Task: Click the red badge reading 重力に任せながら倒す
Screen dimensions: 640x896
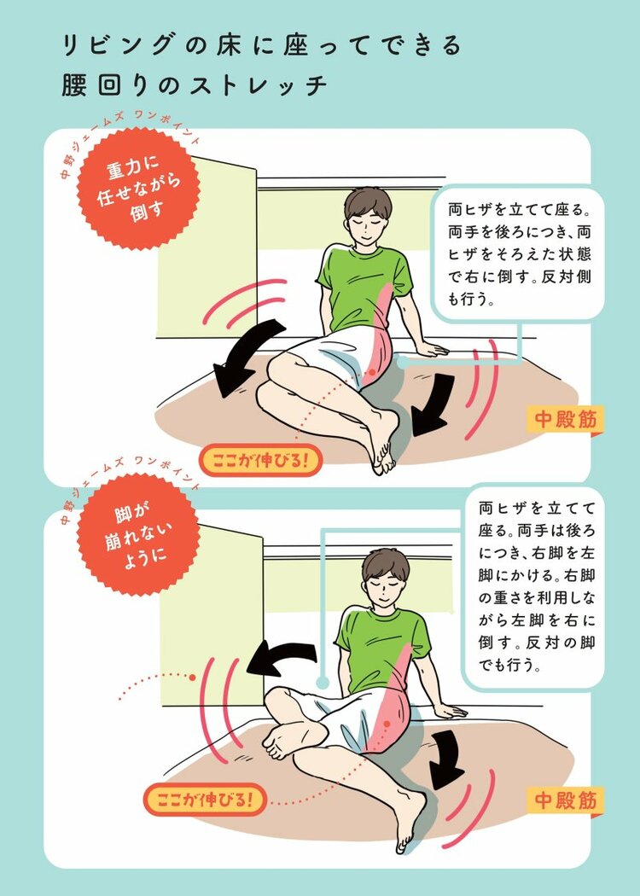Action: point(138,189)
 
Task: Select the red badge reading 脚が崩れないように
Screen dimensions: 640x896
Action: point(138,535)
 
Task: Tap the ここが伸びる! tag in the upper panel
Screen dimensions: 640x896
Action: point(260,460)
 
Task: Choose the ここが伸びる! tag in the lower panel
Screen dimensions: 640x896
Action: point(205,799)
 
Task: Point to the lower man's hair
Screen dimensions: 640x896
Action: point(387,566)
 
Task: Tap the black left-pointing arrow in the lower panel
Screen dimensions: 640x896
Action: point(282,657)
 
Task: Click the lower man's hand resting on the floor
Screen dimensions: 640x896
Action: point(451,711)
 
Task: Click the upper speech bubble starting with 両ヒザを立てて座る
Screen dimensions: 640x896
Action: point(518,253)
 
